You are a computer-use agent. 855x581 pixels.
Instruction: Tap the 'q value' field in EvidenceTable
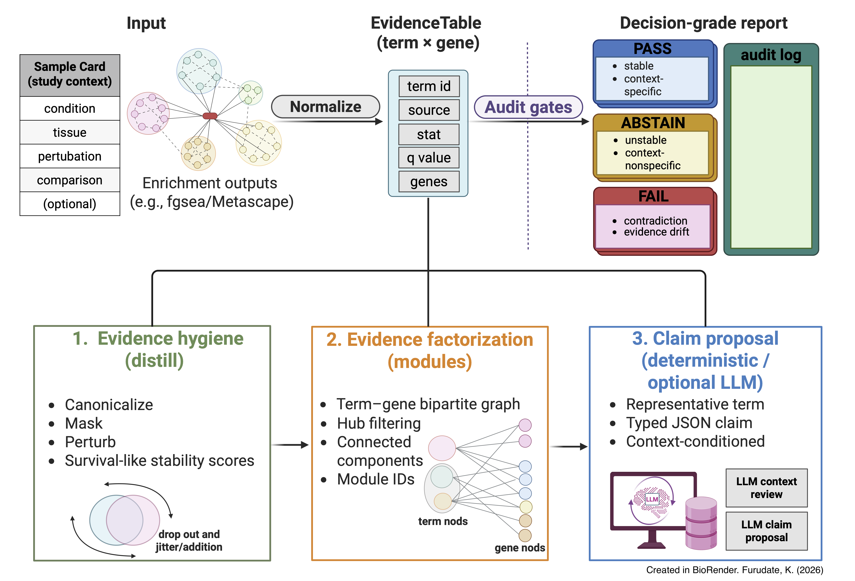click(429, 158)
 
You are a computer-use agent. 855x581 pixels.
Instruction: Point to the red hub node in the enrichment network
click(210, 116)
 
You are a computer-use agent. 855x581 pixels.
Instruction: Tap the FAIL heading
click(653, 196)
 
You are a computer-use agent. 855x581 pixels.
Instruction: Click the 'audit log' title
click(771, 55)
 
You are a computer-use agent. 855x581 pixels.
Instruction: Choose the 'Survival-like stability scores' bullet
click(159, 460)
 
